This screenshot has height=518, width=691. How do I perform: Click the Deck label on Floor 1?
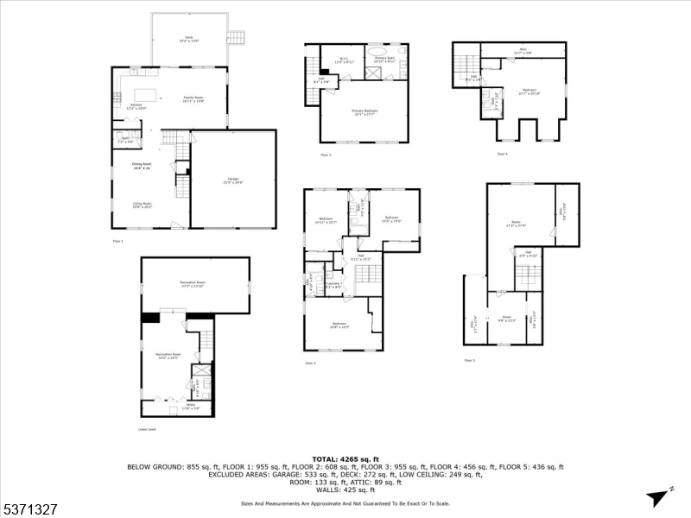pos(189,38)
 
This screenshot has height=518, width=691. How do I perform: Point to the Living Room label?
pos(142,206)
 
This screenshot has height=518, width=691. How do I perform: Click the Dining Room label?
pos(142,166)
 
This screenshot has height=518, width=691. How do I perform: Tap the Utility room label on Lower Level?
pos(192,407)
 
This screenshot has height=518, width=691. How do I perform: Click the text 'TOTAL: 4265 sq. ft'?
pos(345,458)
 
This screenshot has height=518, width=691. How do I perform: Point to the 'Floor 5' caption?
pos(469,360)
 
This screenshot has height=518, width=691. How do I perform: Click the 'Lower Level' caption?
pos(147,429)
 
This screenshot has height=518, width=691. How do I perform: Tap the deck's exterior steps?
pos(236,37)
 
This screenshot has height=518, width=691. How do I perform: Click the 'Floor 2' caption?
pos(326,155)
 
